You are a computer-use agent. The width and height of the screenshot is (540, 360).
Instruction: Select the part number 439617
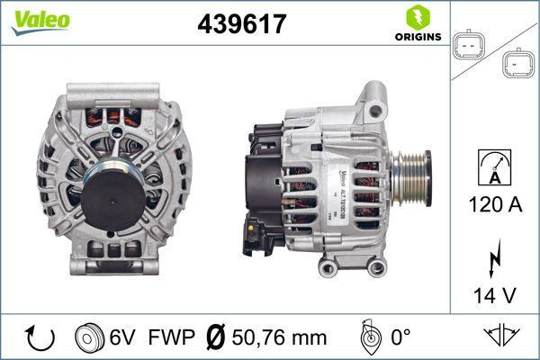coord(241,25)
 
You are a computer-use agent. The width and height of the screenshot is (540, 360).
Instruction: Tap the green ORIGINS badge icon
coord(416,16)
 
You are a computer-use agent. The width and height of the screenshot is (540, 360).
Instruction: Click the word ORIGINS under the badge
coord(416,37)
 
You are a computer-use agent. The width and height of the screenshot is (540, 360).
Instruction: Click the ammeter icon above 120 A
coord(495,167)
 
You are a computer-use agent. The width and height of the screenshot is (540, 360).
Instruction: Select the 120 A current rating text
coord(495,204)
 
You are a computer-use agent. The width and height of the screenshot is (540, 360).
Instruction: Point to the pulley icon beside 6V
coord(88,338)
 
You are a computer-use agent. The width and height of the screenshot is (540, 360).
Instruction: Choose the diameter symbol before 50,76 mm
coord(216,338)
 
